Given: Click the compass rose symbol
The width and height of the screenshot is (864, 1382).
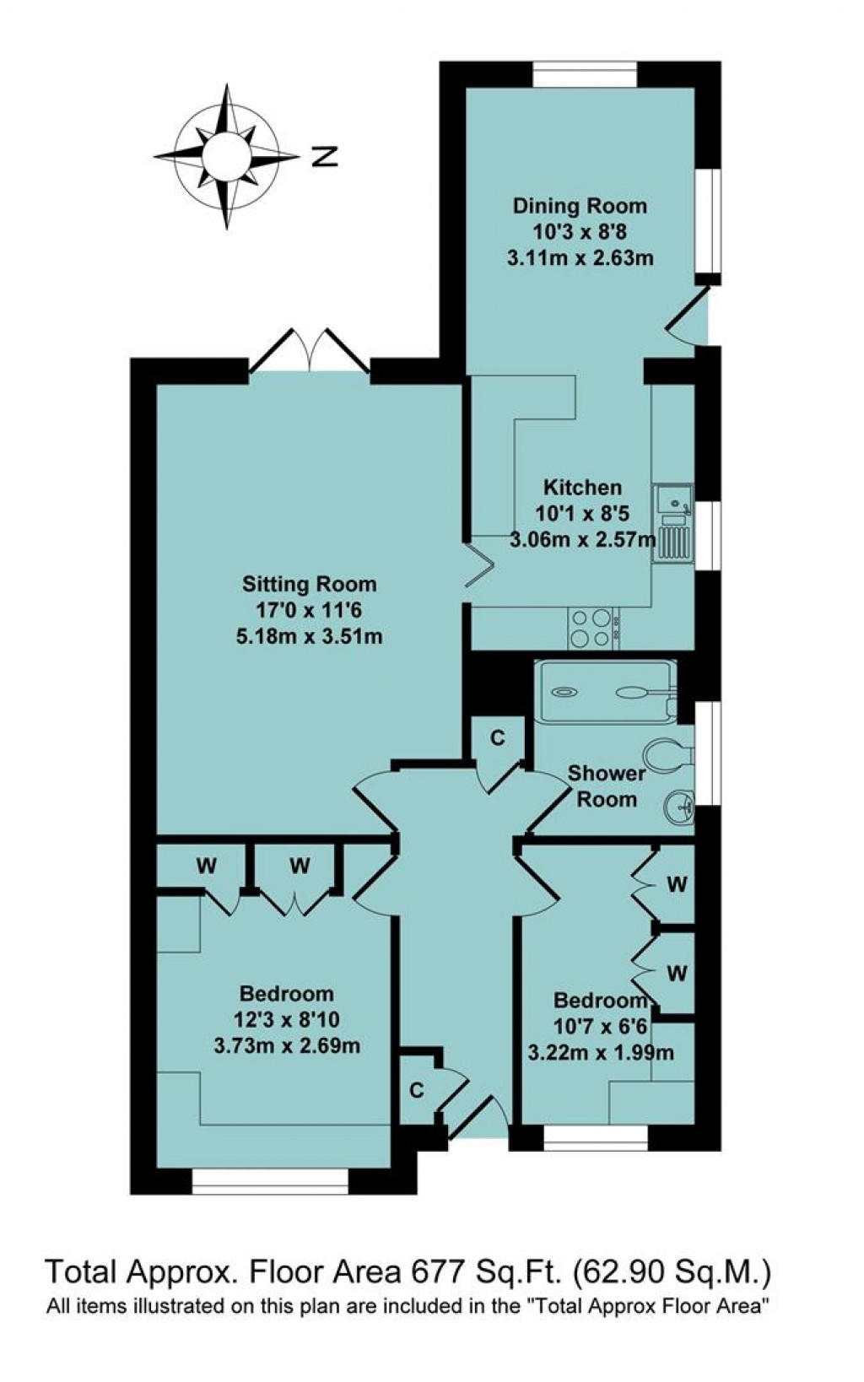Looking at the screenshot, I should (226, 156).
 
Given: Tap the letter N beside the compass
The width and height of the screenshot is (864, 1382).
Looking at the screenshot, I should (324, 156).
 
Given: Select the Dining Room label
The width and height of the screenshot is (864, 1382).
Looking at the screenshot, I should (580, 205).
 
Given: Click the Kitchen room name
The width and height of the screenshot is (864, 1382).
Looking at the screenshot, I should (582, 487).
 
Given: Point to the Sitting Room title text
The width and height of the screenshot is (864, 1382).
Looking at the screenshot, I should (309, 584).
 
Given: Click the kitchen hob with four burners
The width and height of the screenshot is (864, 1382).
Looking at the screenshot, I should (591, 628).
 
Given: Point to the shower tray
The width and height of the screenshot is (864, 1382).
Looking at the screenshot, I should (606, 693).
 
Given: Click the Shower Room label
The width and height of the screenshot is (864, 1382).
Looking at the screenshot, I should (607, 785).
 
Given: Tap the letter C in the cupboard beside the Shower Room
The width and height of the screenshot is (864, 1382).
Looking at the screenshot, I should (498, 738).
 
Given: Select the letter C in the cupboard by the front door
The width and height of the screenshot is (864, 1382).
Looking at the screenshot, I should (416, 1090).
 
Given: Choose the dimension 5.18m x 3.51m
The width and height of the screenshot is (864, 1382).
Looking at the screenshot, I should (309, 636).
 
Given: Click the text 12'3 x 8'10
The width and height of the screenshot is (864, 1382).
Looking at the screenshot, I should (287, 1020).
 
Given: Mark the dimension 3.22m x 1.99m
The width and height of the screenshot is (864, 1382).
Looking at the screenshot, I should (601, 1052).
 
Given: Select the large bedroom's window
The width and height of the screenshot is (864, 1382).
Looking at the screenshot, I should (270, 1181).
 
